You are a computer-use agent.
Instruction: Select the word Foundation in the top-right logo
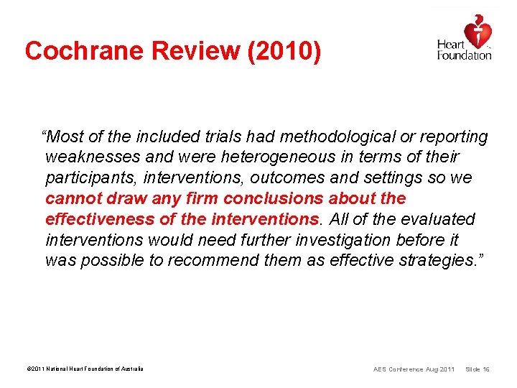tap(465, 55)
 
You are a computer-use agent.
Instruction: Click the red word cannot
tap(73, 199)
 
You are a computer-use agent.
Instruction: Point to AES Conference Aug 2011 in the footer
tap(414, 369)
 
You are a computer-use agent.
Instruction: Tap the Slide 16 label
tap(478, 369)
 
